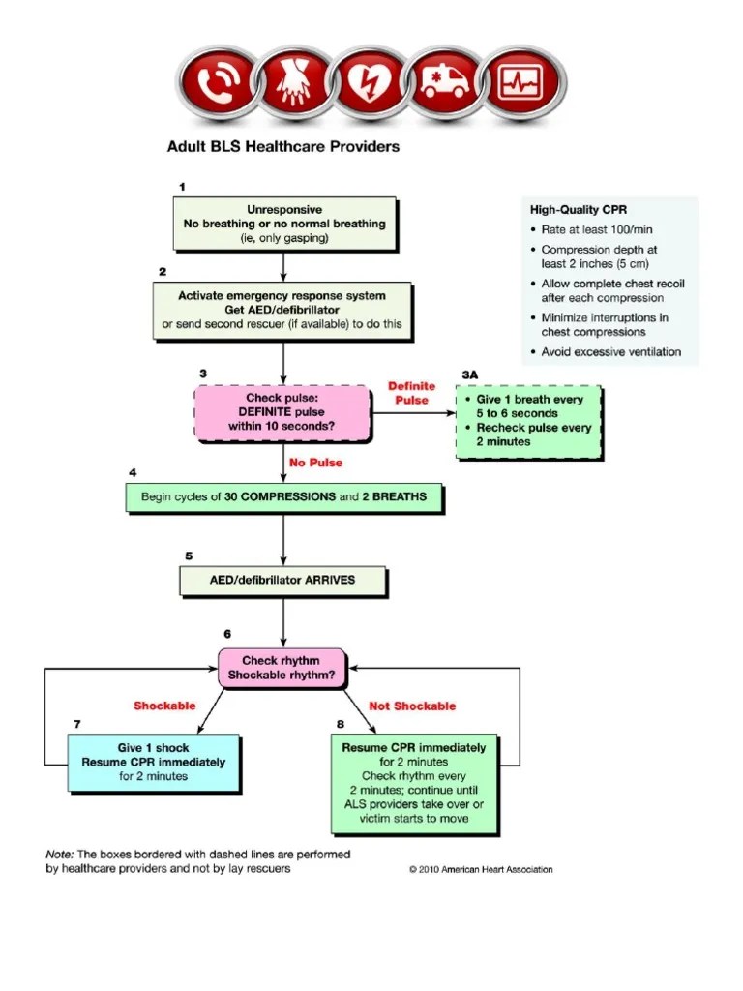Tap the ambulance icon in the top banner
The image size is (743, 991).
pyautogui.click(x=441, y=86)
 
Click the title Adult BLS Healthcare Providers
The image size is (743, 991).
pyautogui.click(x=283, y=147)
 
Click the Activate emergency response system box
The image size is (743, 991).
pyautogui.click(x=282, y=310)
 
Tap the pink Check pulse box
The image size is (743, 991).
pyautogui.click(x=283, y=412)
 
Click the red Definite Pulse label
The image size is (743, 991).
pyautogui.click(x=412, y=392)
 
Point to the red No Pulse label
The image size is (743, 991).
pyautogui.click(x=314, y=463)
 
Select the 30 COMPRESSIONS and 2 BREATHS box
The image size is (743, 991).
pyautogui.click(x=283, y=497)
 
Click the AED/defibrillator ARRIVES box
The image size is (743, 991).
pyautogui.click(x=283, y=581)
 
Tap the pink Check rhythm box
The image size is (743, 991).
pyautogui.click(x=281, y=668)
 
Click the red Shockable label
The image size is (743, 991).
pyautogui.click(x=164, y=706)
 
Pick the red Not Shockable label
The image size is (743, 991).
pyautogui.click(x=412, y=706)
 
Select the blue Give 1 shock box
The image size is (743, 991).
pyautogui.click(x=153, y=762)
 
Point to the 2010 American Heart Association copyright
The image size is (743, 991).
pyautogui.click(x=481, y=869)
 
